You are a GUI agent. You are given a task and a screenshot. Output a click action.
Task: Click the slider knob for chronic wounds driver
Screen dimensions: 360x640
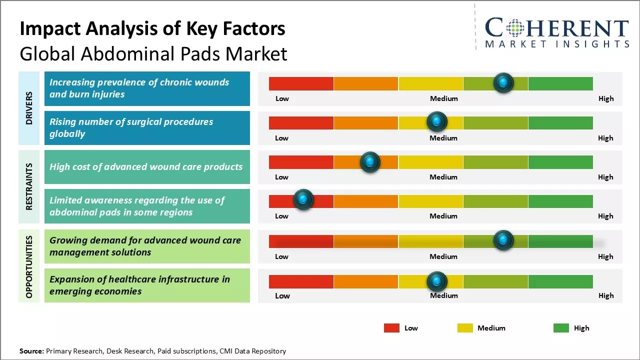point(503,82)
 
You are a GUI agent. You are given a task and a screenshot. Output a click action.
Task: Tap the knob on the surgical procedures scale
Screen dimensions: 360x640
point(437,121)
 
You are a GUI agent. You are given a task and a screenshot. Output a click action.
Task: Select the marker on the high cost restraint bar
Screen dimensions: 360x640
point(370,161)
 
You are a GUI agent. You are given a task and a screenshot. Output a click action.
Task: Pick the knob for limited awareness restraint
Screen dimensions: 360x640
point(303,199)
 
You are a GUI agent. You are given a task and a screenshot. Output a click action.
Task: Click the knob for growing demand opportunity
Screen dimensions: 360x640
point(503,240)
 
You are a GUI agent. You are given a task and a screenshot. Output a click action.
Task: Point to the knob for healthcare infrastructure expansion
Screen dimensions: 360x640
point(437,281)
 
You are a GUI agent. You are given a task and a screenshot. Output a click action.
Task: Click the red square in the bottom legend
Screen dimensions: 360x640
point(391,328)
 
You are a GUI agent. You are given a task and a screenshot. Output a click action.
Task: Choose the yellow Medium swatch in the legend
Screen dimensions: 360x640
point(465,328)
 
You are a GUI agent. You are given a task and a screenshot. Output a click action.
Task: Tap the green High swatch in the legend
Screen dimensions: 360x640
point(561,328)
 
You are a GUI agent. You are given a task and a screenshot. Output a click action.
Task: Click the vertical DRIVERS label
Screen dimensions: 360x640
point(29,108)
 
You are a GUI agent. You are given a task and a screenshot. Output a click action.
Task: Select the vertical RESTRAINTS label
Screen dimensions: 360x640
point(29,186)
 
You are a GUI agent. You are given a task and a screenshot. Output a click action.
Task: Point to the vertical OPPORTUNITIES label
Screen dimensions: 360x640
point(29,266)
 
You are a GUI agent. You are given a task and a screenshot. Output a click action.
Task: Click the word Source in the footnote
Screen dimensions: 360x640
point(31,351)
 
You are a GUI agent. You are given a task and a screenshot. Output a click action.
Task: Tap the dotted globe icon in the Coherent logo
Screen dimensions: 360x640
point(514,28)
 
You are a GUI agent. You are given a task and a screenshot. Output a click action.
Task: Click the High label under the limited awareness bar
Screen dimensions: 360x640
point(605,216)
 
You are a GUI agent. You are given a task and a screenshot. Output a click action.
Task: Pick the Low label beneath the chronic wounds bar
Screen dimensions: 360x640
point(282,98)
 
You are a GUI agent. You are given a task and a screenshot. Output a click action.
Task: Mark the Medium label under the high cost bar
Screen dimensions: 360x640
point(443,177)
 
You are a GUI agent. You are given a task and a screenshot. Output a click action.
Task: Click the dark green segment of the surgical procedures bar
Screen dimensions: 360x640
point(560,122)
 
